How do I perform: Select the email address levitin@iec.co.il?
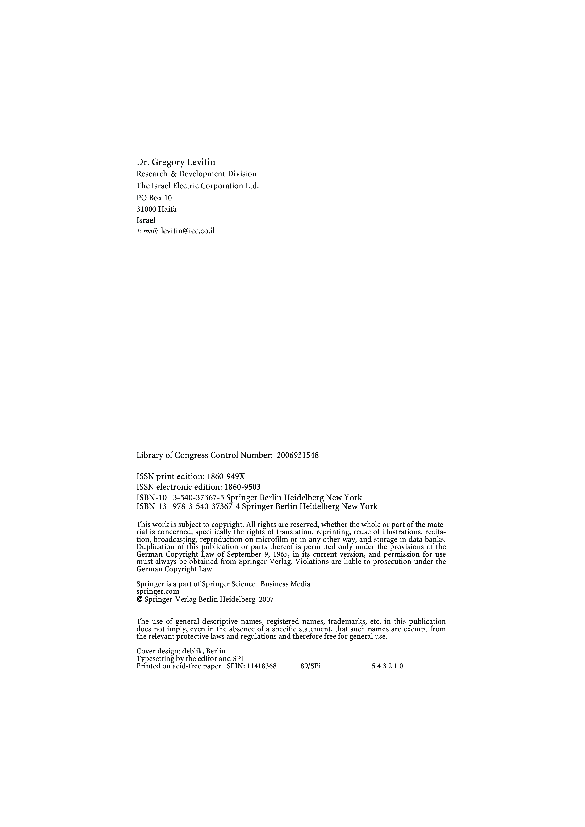coord(188,231)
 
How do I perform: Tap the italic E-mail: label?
coord(147,232)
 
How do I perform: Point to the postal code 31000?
coord(146,209)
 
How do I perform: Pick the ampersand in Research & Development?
coord(173,174)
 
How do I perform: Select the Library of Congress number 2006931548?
coord(297,455)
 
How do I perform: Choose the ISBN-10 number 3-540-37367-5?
coord(199,498)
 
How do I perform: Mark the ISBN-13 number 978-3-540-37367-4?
coord(206,506)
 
